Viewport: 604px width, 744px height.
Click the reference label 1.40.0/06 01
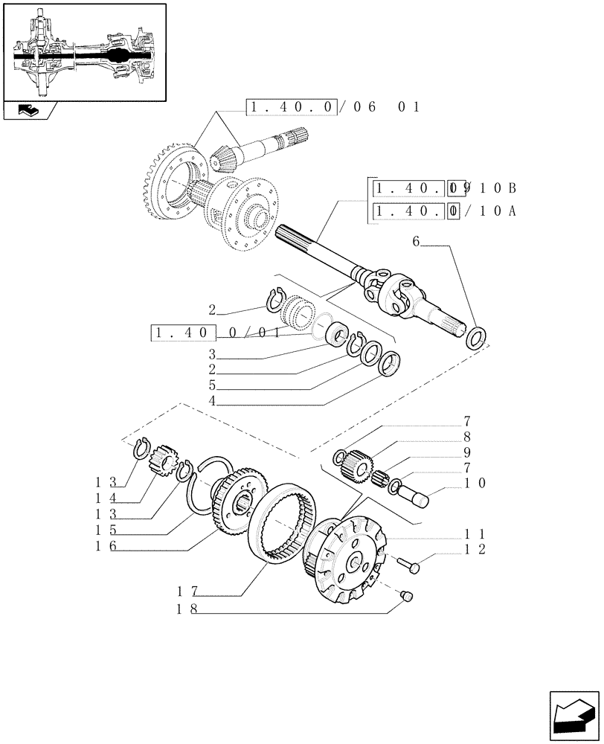[x=332, y=107]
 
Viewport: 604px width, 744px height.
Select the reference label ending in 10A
[x=445, y=211]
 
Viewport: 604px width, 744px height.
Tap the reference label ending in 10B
[x=445, y=187]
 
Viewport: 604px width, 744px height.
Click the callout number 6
[x=416, y=242]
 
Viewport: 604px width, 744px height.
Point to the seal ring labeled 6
[x=475, y=339]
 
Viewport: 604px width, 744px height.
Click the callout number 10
[x=476, y=483]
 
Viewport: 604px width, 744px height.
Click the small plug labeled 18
[x=407, y=595]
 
